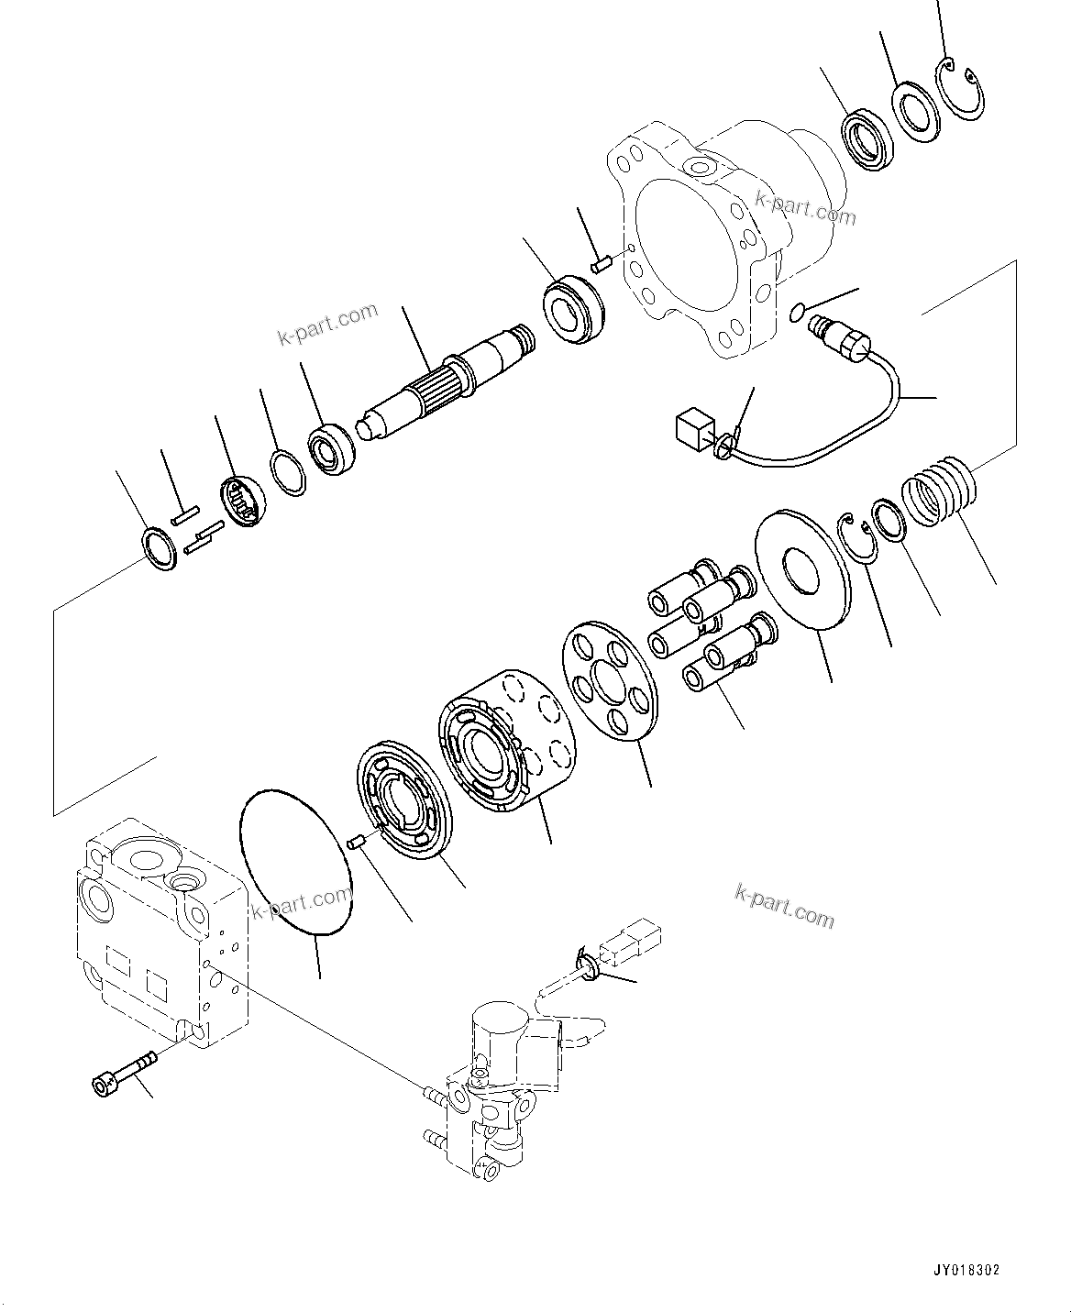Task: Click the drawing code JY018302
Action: [966, 1271]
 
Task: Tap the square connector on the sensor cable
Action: [693, 428]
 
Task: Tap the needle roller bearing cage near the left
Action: [246, 502]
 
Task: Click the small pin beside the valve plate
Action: [361, 838]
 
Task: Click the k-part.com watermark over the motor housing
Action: [805, 207]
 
